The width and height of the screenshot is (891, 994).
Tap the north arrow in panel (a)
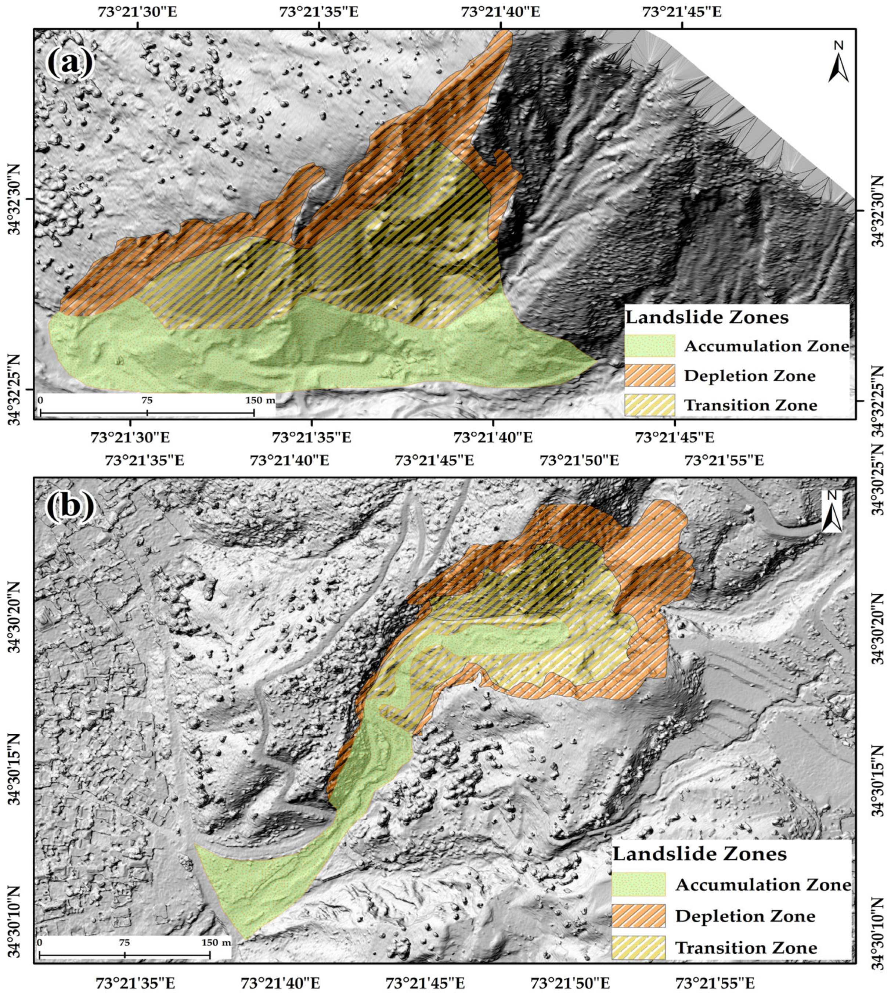[x=838, y=63]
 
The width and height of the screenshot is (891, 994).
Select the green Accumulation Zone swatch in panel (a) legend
[x=650, y=346]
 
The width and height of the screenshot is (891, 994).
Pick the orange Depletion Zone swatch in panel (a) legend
[x=650, y=375]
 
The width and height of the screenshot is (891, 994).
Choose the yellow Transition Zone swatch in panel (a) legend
[x=650, y=405]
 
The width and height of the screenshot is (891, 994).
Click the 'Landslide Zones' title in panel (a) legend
[x=707, y=318]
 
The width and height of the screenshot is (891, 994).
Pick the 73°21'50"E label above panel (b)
[x=579, y=461]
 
